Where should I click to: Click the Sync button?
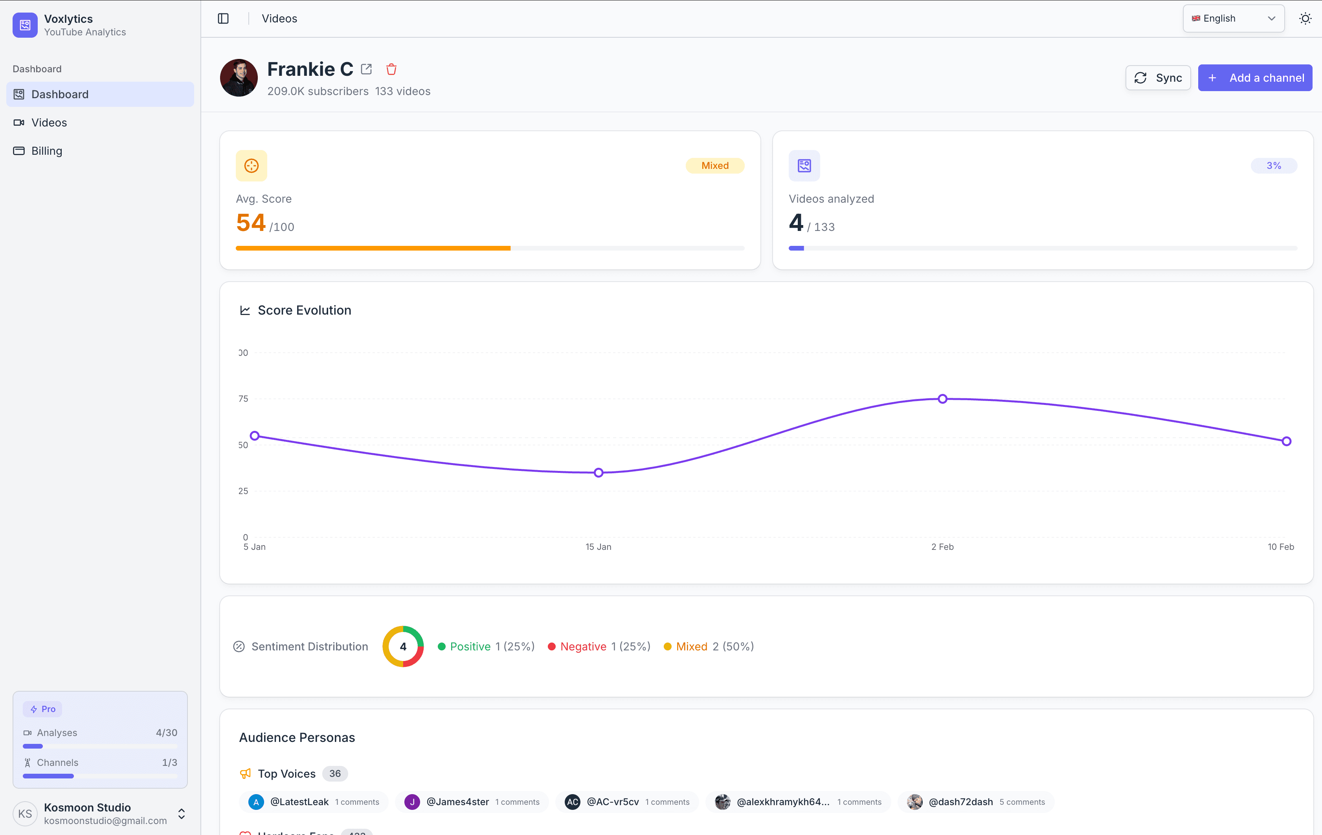(x=1157, y=78)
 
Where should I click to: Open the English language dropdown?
(x=1233, y=18)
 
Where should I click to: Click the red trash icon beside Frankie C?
(x=391, y=69)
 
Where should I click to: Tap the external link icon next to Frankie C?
(x=366, y=69)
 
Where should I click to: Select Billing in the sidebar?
(x=47, y=151)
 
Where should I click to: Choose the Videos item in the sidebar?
(x=49, y=122)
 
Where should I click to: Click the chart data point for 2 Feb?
(x=942, y=399)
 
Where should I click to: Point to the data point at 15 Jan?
(x=599, y=472)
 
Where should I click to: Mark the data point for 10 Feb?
(x=1286, y=441)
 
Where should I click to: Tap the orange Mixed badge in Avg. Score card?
(x=714, y=166)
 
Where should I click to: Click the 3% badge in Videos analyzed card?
(x=1273, y=166)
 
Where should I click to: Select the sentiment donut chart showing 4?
(x=403, y=646)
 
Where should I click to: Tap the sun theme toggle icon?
(x=1305, y=18)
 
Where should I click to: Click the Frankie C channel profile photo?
(x=239, y=78)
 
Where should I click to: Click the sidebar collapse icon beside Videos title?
(x=223, y=18)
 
